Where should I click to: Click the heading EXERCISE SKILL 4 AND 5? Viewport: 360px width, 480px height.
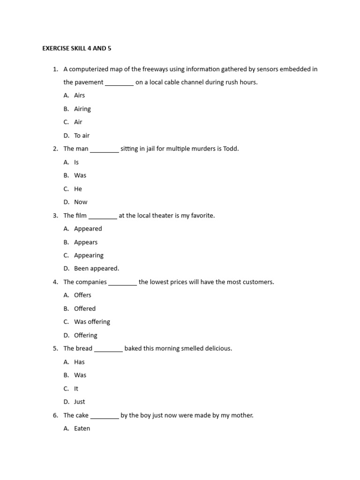[77, 48]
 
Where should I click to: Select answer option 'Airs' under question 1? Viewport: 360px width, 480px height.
[79, 95]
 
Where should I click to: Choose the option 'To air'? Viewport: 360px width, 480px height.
[82, 135]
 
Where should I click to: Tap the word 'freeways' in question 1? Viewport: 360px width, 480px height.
[144, 69]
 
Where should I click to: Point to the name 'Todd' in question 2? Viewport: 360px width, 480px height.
[231, 149]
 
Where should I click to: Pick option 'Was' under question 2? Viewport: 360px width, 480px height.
[80, 175]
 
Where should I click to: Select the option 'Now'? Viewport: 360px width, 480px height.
[81, 202]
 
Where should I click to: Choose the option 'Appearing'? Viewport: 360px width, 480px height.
[89, 255]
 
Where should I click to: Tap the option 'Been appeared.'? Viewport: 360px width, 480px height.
[97, 269]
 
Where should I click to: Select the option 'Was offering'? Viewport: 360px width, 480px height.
[92, 322]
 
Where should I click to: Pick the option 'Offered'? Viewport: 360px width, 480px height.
[85, 308]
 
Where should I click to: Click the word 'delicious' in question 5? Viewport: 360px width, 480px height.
[217, 348]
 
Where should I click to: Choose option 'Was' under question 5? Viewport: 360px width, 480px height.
[80, 375]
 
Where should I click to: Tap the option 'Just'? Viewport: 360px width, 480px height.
[80, 402]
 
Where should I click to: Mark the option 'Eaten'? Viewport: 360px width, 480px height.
[82, 428]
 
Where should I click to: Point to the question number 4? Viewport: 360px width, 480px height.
[55, 282]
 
